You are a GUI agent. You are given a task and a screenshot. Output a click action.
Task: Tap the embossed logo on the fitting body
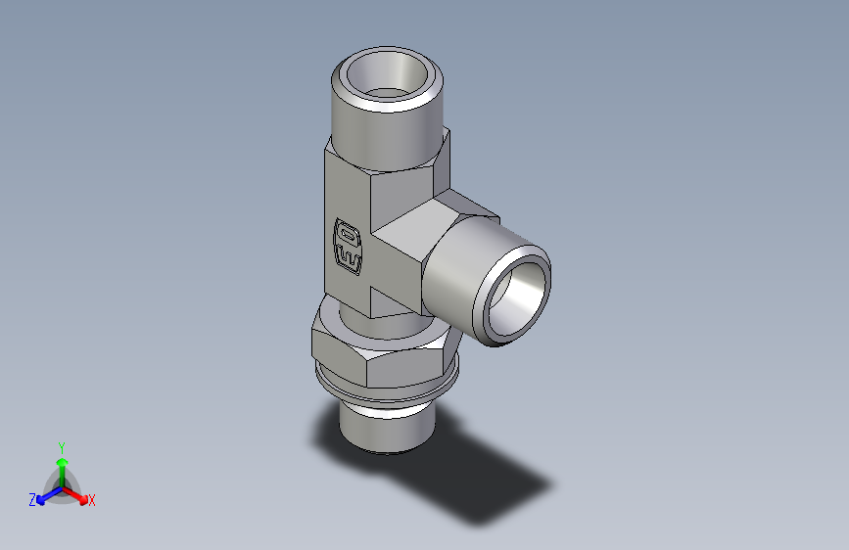(x=348, y=244)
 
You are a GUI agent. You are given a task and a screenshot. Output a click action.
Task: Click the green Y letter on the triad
(x=61, y=446)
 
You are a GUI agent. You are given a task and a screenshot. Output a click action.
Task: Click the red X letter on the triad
(x=92, y=501)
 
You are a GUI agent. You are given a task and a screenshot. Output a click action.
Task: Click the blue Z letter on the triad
(x=32, y=500)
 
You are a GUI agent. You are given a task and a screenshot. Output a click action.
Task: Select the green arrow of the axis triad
(x=61, y=465)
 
